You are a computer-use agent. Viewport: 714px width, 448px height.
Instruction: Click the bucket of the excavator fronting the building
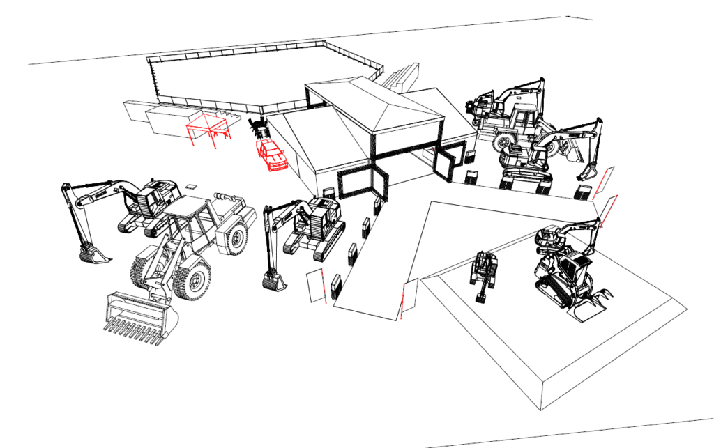273,281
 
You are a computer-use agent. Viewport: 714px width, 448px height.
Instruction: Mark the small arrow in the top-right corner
579,17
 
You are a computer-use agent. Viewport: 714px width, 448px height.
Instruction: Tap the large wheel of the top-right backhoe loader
506,142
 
